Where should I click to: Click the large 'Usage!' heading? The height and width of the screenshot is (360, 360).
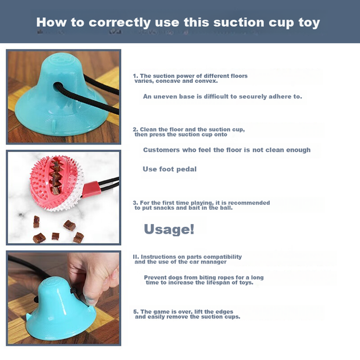click(x=169, y=229)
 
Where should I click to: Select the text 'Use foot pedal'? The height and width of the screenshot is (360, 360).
click(x=170, y=169)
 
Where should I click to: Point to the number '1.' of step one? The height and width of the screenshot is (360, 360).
click(x=135, y=76)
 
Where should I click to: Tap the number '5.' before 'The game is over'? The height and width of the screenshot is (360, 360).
click(x=136, y=311)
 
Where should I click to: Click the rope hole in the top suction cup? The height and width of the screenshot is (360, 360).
click(x=58, y=86)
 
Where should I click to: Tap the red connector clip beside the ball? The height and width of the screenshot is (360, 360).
click(x=91, y=189)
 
